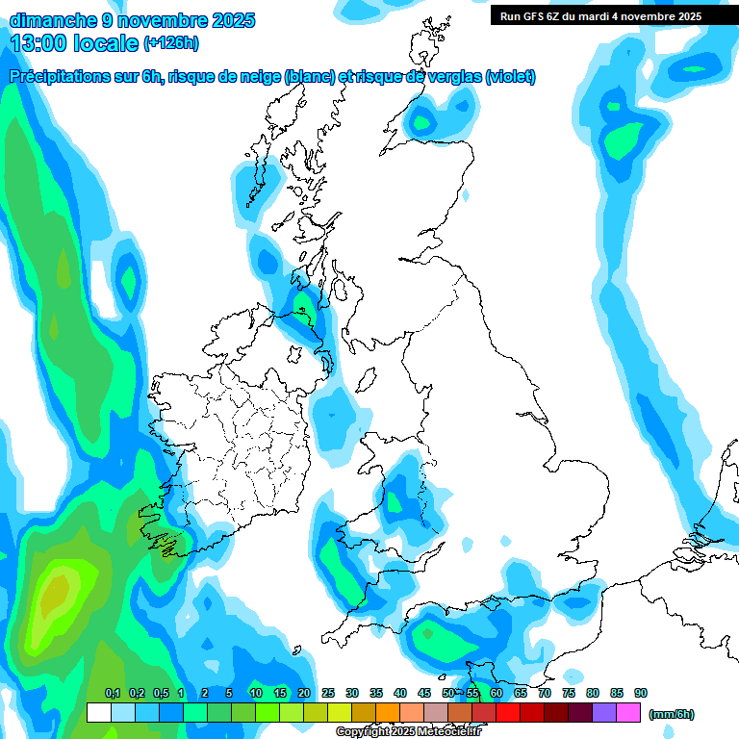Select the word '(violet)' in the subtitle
(510, 77)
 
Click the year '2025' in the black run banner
(685, 16)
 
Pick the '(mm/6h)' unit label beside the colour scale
(671, 714)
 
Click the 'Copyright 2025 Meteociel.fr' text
(408, 732)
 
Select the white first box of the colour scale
(98, 712)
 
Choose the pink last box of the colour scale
(629, 712)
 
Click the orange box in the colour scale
(388, 712)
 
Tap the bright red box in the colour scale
(508, 712)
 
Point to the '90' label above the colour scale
(641, 693)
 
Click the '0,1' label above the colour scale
(112, 693)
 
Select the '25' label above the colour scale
(328, 693)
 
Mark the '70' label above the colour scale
(545, 693)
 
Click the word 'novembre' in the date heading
(159, 19)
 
